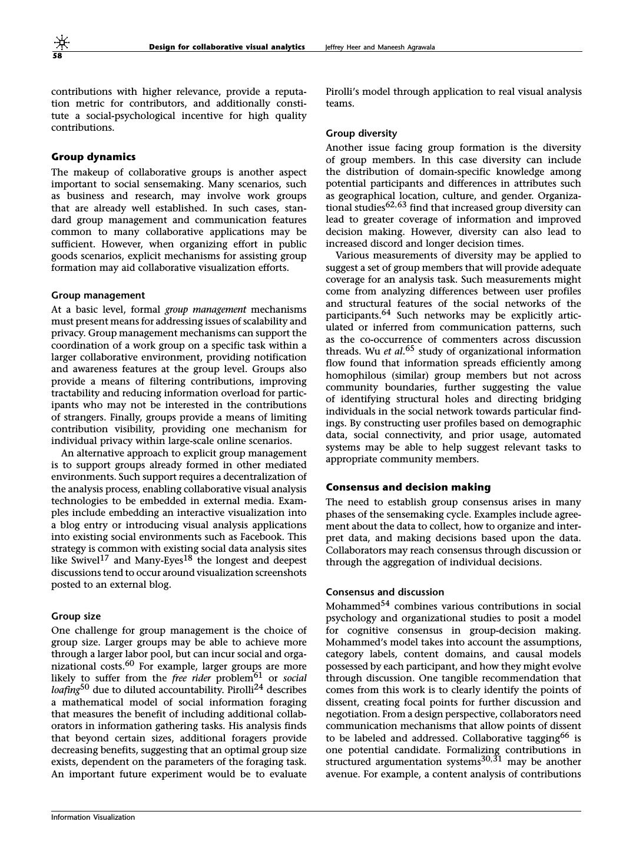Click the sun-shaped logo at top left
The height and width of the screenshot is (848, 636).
61,42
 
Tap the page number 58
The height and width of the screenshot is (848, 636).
57,56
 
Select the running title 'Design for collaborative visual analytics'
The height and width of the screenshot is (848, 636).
227,47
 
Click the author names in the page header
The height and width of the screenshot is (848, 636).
380,47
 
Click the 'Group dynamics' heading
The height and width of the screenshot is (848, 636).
93,157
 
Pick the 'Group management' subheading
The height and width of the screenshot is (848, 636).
98,295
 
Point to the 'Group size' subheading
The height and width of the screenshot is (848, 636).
76,616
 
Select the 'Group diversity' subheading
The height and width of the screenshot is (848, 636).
361,133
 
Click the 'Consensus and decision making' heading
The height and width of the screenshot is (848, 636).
408,487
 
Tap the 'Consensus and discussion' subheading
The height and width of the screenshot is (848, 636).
385,592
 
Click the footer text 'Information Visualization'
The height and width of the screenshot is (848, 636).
93,817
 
